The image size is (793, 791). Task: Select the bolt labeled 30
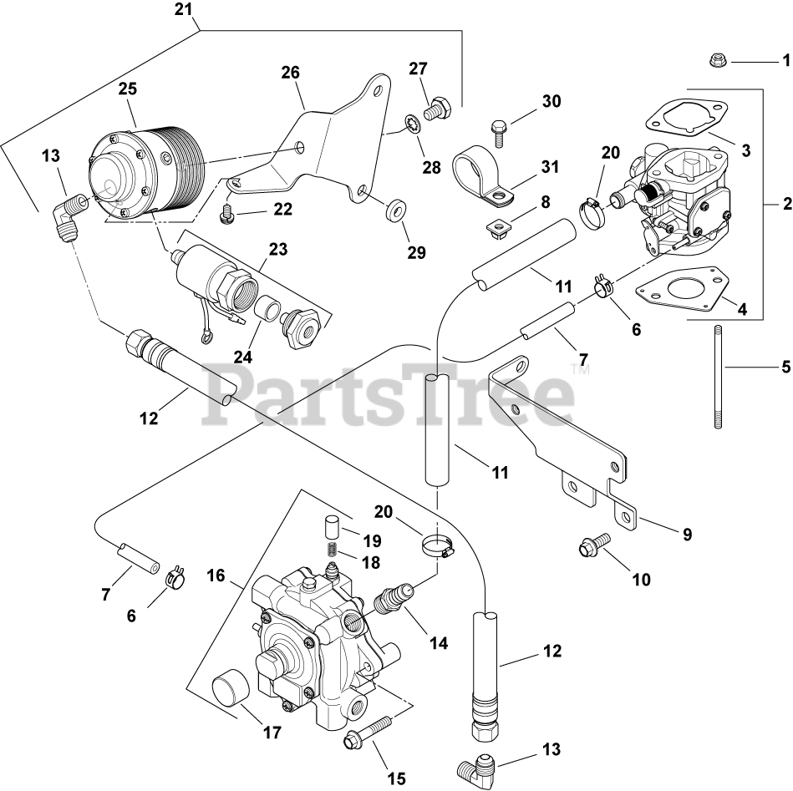[497, 128]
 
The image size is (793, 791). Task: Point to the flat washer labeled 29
[394, 206]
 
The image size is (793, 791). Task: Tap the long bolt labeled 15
[368, 731]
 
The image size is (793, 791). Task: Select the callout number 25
[127, 88]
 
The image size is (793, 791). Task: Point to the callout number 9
[687, 535]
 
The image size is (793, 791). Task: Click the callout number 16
[216, 575]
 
